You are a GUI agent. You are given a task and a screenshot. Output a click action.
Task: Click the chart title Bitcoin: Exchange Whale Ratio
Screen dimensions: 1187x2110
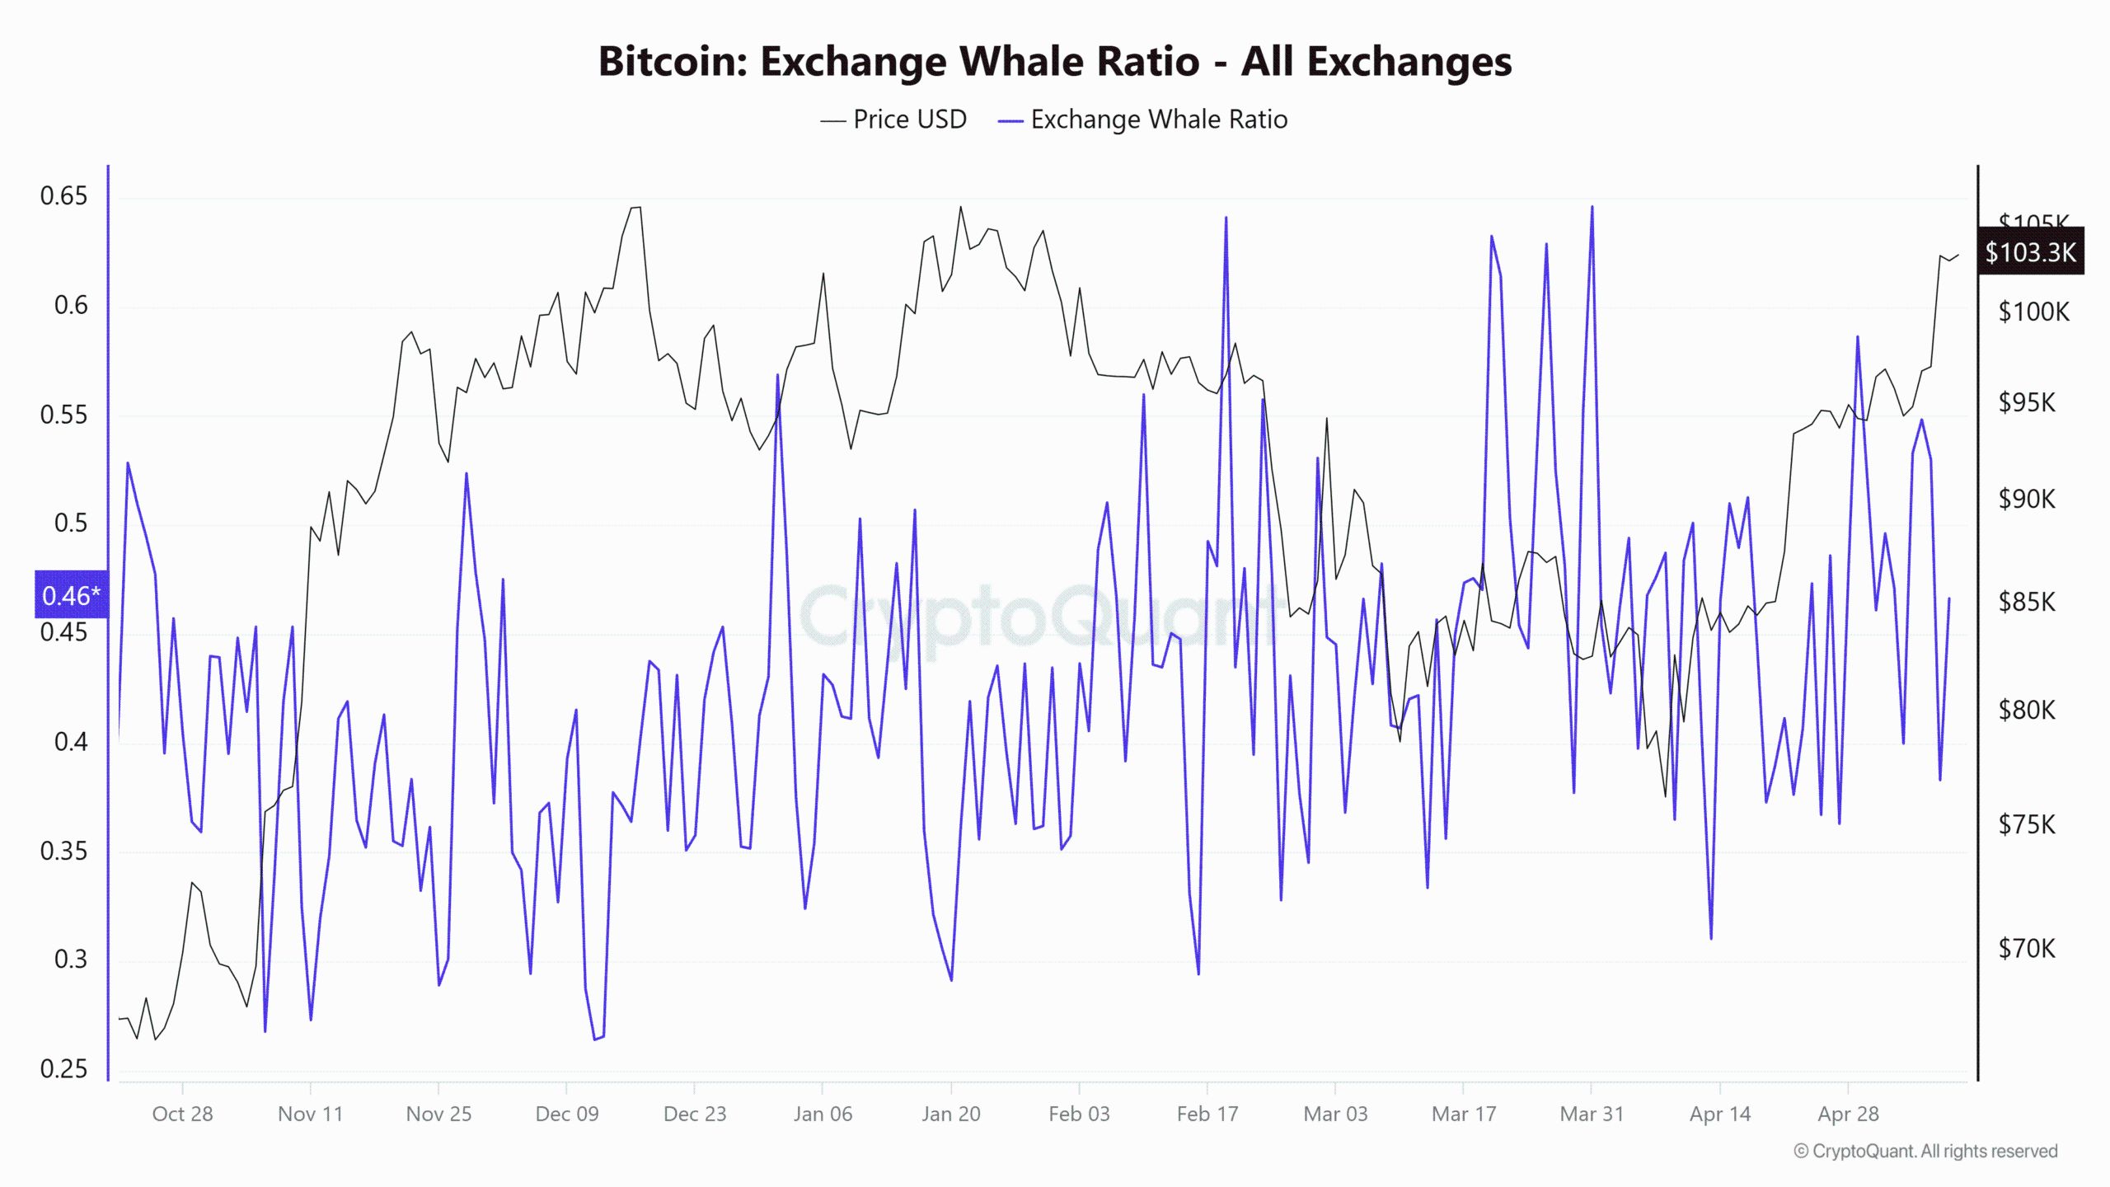pos(1054,61)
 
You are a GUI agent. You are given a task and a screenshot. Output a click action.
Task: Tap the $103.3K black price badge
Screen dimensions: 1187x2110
pos(2030,251)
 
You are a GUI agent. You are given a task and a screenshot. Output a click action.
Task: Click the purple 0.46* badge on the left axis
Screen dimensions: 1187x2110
pos(71,595)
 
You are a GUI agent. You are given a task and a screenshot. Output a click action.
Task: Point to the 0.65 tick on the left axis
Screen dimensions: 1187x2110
pos(63,196)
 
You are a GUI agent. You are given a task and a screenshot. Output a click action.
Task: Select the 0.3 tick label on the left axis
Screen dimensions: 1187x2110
pos(70,959)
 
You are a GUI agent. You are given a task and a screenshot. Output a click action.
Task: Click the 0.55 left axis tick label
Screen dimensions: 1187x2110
pos(63,415)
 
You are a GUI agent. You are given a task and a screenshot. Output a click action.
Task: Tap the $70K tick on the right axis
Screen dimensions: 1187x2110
pos(2027,949)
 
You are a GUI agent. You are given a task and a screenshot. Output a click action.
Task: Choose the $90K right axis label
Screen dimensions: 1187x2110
pos(2027,499)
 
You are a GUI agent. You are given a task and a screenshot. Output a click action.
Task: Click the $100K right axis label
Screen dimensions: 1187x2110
pos(2033,312)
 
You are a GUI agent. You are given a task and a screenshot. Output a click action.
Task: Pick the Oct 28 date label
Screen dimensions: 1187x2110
pos(182,1114)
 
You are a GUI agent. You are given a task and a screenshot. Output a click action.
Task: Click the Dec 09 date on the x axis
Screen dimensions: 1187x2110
pos(567,1114)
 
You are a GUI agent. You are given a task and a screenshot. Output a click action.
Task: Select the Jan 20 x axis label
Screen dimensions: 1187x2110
pos(950,1114)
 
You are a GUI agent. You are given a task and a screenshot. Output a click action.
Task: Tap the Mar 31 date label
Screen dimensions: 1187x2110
pos(1592,1114)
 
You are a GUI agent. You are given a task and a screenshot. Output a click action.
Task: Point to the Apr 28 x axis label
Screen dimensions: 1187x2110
pos(1848,1114)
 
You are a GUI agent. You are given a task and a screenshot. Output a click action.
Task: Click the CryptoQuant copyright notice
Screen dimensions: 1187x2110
pos(1925,1151)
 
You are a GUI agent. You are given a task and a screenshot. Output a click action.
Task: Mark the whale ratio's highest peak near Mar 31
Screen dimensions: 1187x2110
pos(1592,207)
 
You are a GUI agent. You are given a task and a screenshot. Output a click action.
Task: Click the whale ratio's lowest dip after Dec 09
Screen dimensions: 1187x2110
pos(595,1039)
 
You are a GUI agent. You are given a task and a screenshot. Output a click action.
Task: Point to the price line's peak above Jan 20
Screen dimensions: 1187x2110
pos(960,208)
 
